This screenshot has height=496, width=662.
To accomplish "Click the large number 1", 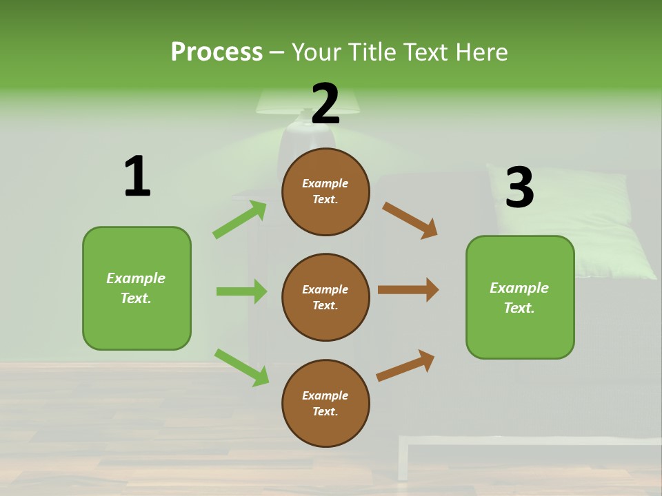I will (137, 177).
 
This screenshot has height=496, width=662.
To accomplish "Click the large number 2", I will (325, 104).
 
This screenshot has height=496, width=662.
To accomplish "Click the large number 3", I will (520, 187).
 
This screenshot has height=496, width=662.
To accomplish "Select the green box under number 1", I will (137, 288).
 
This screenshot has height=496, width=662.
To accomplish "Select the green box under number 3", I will (520, 297).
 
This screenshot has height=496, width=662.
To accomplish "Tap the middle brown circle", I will (325, 297).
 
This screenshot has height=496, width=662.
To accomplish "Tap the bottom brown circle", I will (325, 403).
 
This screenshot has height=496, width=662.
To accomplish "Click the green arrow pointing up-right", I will (240, 220).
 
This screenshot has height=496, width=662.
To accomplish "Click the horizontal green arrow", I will (241, 291).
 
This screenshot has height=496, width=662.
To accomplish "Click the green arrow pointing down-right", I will (241, 367).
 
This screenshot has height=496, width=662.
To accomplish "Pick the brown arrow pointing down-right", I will (410, 220).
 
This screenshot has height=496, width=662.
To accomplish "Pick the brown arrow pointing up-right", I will (405, 365).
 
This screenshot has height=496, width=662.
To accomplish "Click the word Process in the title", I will (217, 52).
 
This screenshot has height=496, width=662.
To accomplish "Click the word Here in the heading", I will (480, 52).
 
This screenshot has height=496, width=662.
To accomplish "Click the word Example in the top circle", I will (325, 183).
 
